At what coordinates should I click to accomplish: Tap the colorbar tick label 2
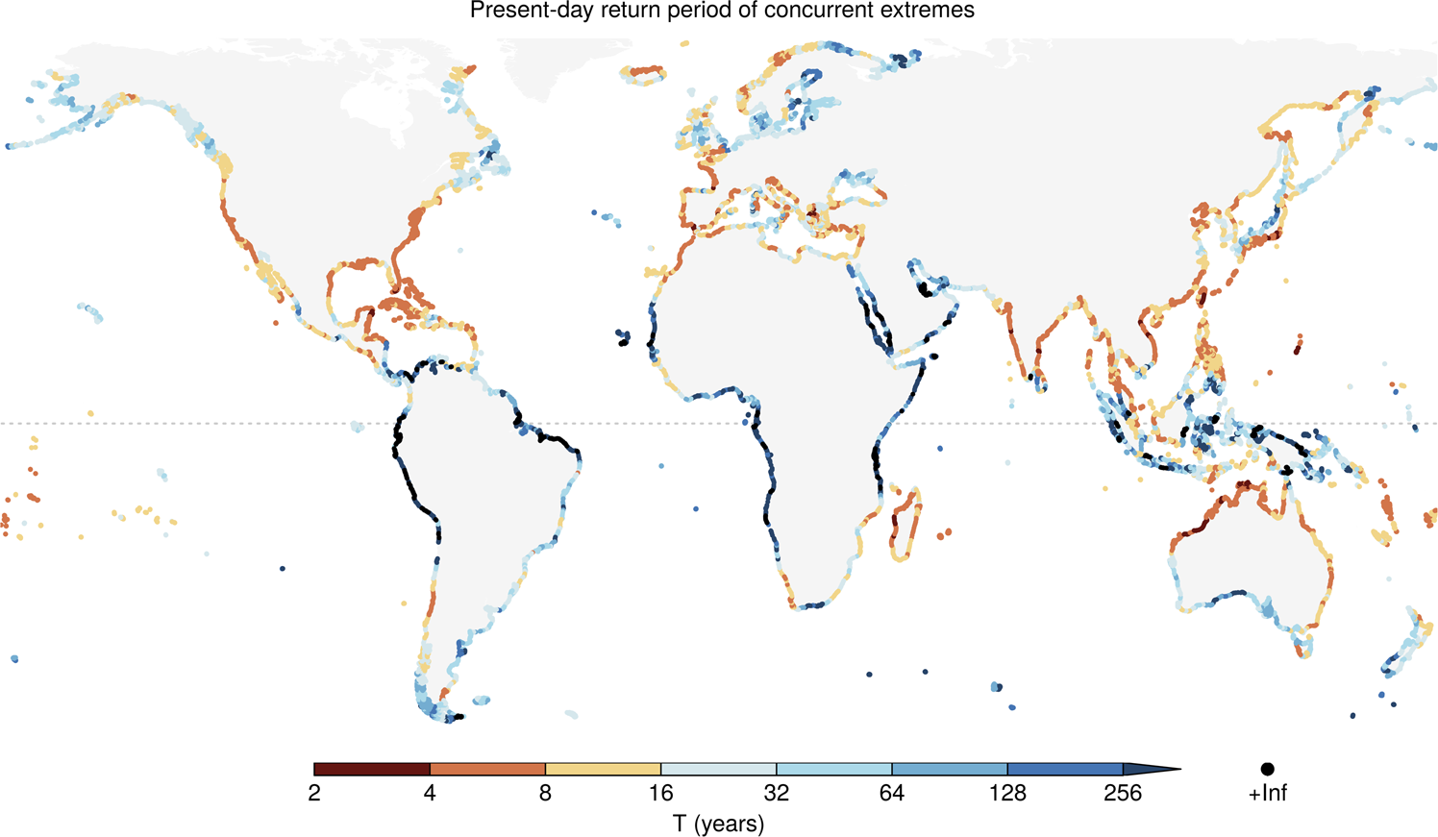click(314, 794)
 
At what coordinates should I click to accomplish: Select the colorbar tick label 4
click(430, 794)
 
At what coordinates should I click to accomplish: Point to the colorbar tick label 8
click(545, 794)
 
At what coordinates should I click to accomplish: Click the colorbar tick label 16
click(660, 794)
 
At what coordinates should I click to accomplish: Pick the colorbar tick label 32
click(777, 794)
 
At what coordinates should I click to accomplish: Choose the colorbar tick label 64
click(892, 794)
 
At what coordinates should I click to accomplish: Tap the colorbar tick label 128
click(1007, 794)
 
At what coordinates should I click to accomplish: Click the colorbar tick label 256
click(1123, 794)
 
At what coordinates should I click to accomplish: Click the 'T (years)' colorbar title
click(718, 824)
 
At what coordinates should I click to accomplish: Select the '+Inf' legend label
click(1267, 794)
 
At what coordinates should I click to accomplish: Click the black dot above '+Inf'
click(1267, 770)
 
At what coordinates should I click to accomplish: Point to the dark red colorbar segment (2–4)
click(372, 770)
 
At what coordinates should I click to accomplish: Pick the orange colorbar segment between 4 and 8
click(487, 770)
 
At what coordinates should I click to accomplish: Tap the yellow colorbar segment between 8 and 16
click(603, 770)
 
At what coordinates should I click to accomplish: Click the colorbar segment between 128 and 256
click(1065, 770)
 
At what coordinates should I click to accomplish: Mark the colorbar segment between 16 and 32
click(718, 770)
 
